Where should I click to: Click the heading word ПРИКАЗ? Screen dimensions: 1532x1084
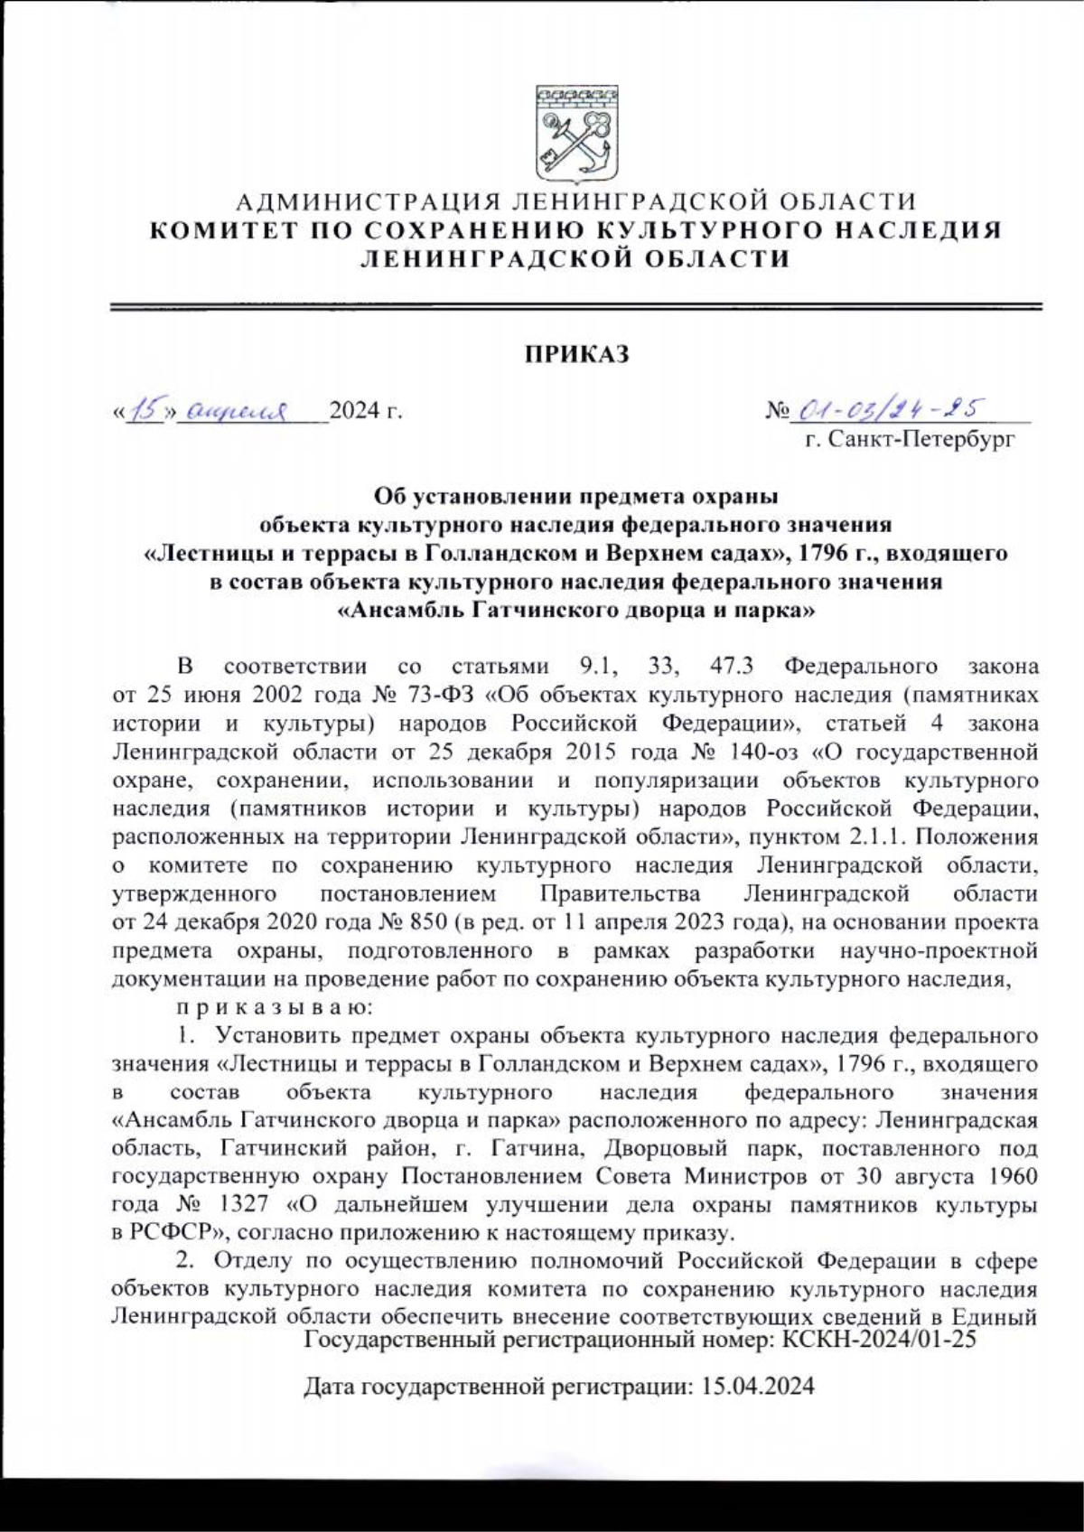click(x=578, y=354)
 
